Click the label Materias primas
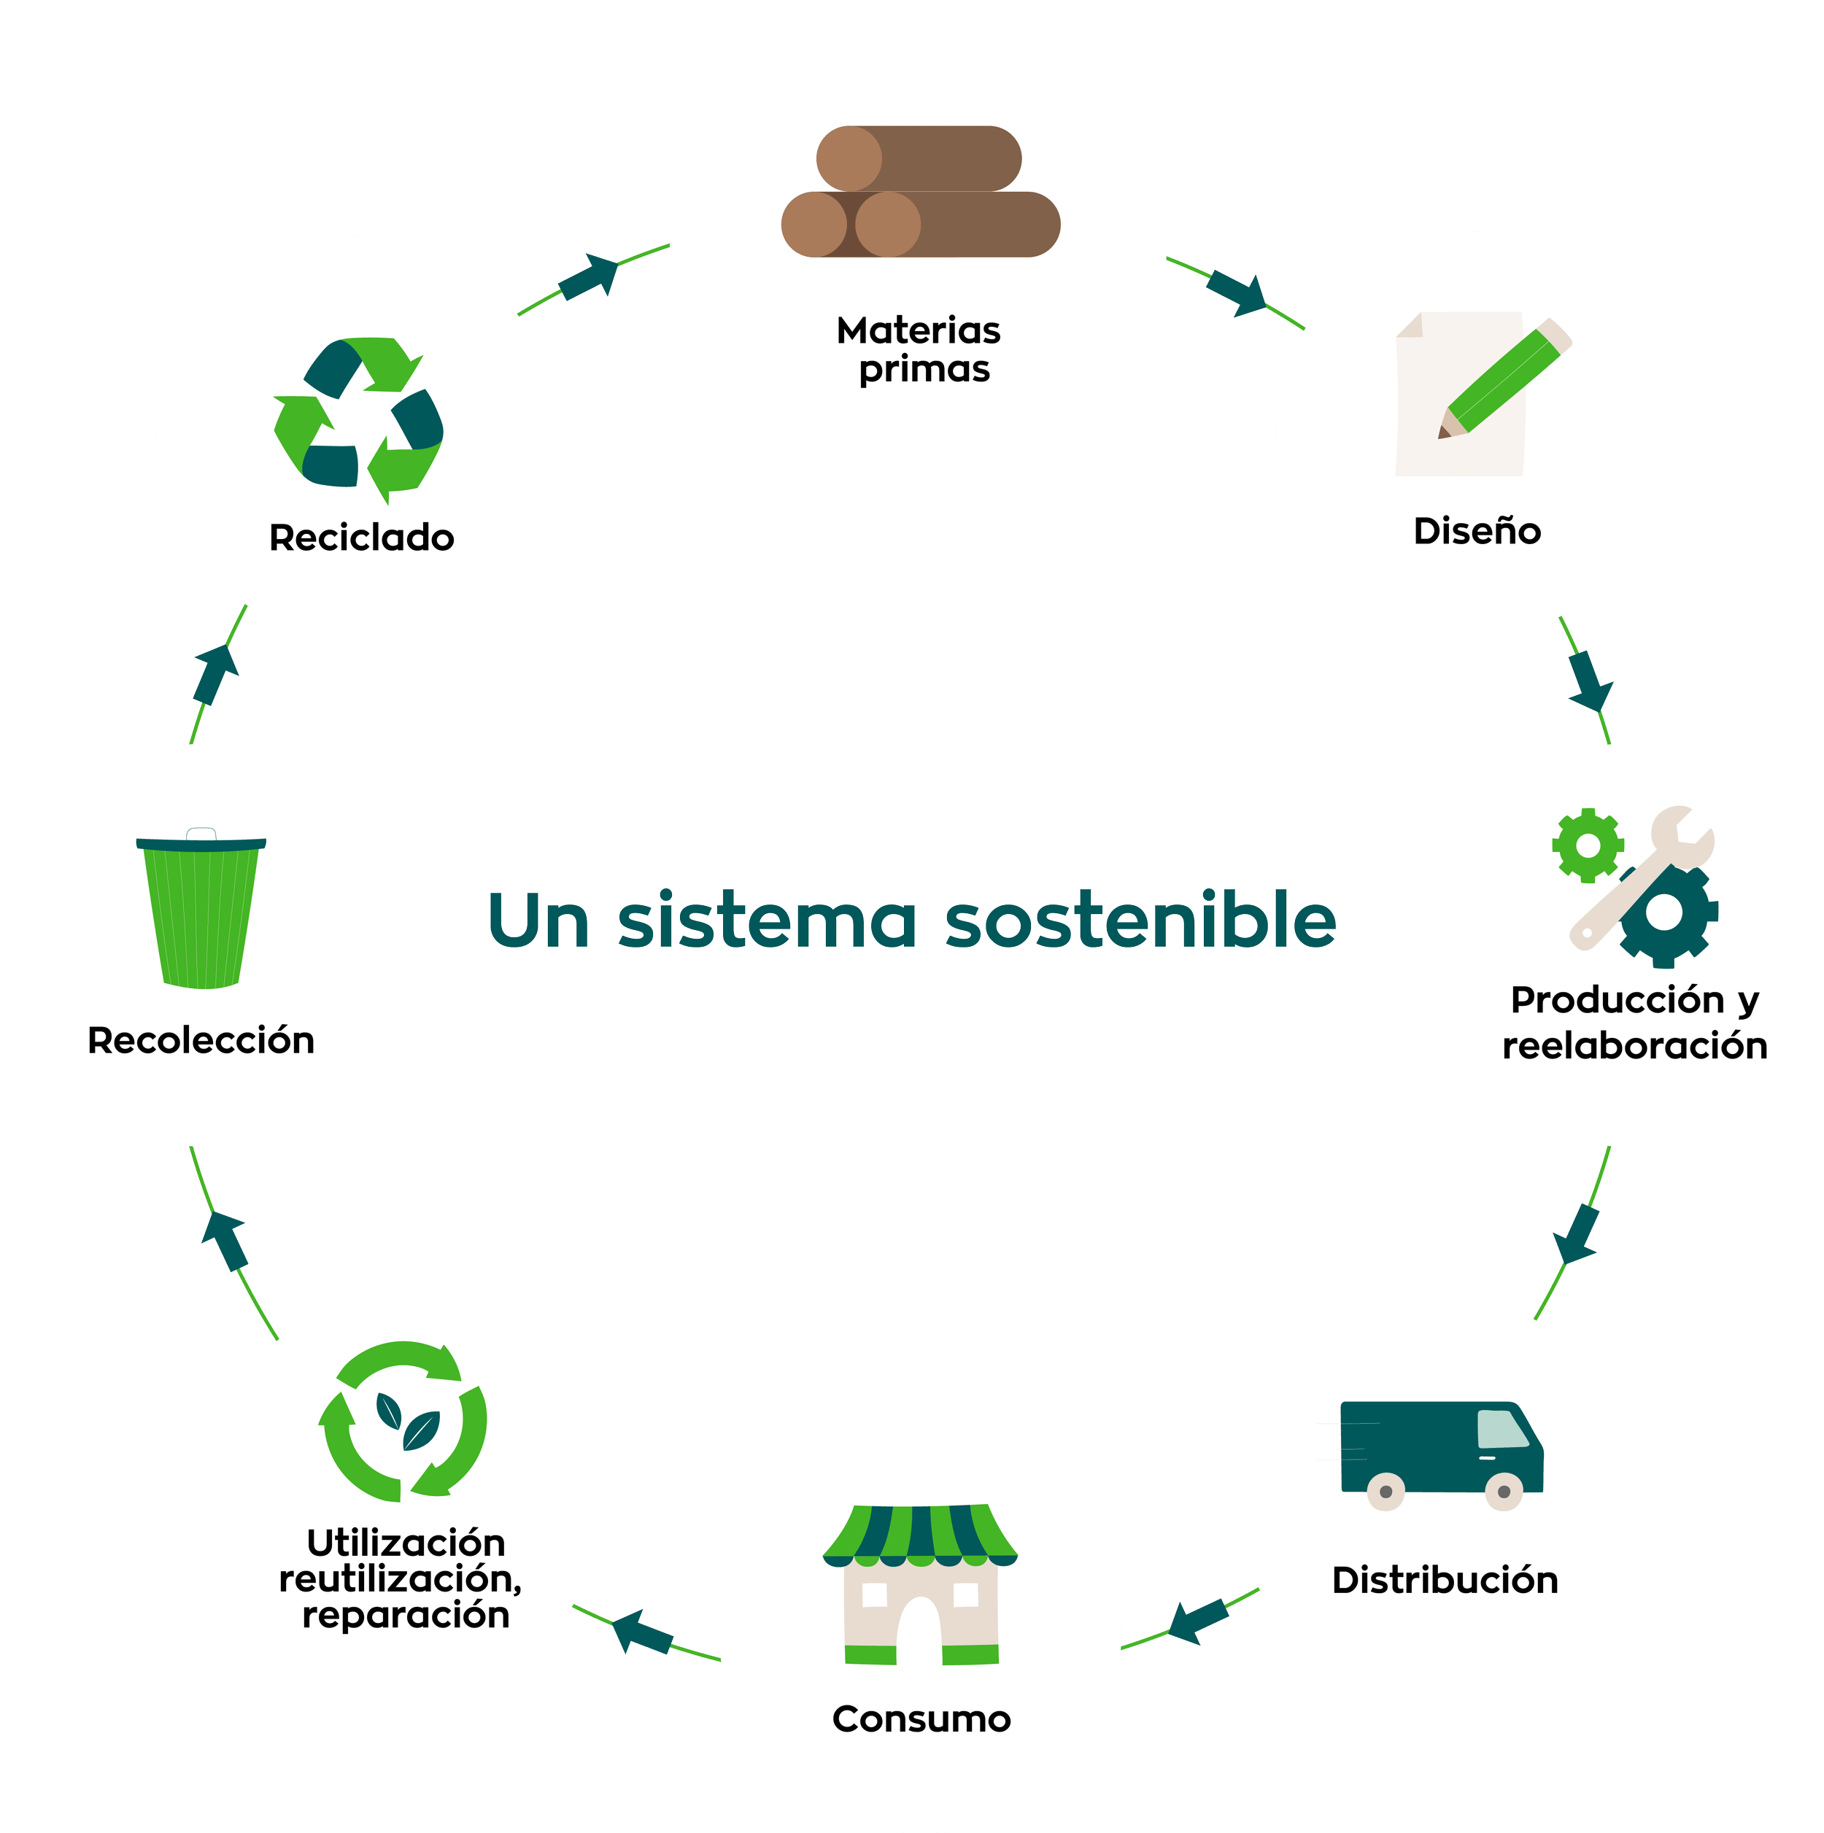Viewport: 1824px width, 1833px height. (x=919, y=349)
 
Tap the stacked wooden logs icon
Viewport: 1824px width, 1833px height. (x=919, y=193)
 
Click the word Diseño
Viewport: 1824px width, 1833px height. (x=1477, y=531)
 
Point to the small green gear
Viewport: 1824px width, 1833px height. (x=1587, y=845)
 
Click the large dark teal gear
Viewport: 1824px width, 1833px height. (x=1667, y=914)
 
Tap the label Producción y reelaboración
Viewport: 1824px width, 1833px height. (x=1634, y=1023)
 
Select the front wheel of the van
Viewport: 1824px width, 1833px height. (x=1503, y=1492)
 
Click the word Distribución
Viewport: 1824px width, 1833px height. (x=1445, y=1581)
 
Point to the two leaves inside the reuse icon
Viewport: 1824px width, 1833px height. (x=406, y=1421)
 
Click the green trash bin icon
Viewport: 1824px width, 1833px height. (x=201, y=911)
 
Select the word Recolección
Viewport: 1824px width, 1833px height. (x=201, y=1041)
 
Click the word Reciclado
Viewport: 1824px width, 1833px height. (x=362, y=538)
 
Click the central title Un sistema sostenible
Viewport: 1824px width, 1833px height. (x=911, y=921)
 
